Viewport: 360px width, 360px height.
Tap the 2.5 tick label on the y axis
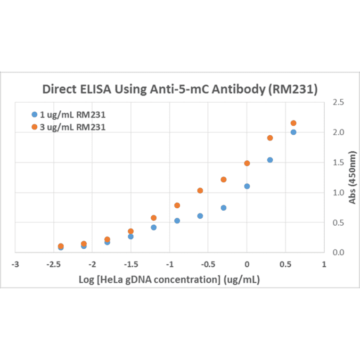pyautogui.click(x=338, y=102)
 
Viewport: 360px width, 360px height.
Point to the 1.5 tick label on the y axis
pyautogui.click(x=338, y=163)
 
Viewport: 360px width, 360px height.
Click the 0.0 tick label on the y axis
pyautogui.click(x=338, y=253)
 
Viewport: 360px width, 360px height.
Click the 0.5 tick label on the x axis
pyautogui.click(x=285, y=264)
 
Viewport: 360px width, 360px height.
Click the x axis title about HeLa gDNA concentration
pyautogui.click(x=170, y=279)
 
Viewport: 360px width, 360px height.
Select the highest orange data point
pyautogui.click(x=293, y=123)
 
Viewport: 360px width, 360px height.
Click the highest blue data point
pyautogui.click(x=293, y=132)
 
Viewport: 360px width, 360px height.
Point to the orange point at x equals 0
pyautogui.click(x=247, y=163)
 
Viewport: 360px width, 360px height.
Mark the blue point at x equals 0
pyautogui.click(x=247, y=186)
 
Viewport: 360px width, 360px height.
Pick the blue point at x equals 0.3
pyautogui.click(x=270, y=160)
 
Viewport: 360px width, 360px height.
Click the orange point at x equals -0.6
pyautogui.click(x=200, y=190)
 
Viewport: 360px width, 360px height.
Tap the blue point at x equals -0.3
pyautogui.click(x=223, y=208)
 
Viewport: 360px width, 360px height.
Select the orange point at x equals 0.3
pyautogui.click(x=270, y=138)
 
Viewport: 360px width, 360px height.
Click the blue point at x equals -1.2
pyautogui.click(x=154, y=227)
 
